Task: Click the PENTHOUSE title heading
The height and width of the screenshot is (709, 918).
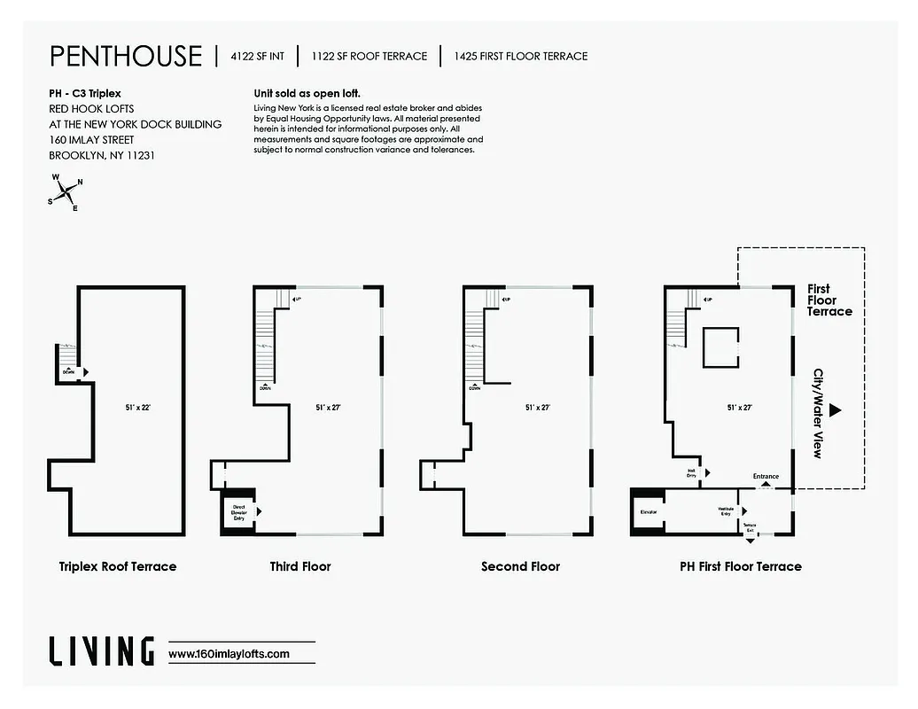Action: tap(126, 56)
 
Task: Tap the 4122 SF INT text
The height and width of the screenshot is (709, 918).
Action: tap(257, 56)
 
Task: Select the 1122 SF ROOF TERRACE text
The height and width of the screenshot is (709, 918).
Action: tap(369, 56)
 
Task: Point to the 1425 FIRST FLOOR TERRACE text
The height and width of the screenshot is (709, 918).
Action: tap(520, 56)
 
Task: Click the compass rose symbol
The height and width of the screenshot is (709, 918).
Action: tap(66, 191)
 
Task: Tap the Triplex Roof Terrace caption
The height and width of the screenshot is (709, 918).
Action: tap(118, 566)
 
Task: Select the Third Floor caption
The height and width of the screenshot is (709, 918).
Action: tap(300, 566)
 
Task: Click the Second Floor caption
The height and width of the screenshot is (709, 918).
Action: tap(520, 566)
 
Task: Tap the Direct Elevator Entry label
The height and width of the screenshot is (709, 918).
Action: tap(238, 512)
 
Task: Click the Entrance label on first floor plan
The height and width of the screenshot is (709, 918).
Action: tap(766, 477)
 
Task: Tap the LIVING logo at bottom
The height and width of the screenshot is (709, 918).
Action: tap(101, 651)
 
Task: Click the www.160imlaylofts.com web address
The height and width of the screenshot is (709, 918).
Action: tap(229, 654)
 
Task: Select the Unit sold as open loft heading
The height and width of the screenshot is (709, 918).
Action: tap(307, 93)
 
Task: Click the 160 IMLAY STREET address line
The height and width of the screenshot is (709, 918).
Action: tap(92, 139)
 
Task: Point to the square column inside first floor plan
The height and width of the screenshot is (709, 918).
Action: tap(720, 347)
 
